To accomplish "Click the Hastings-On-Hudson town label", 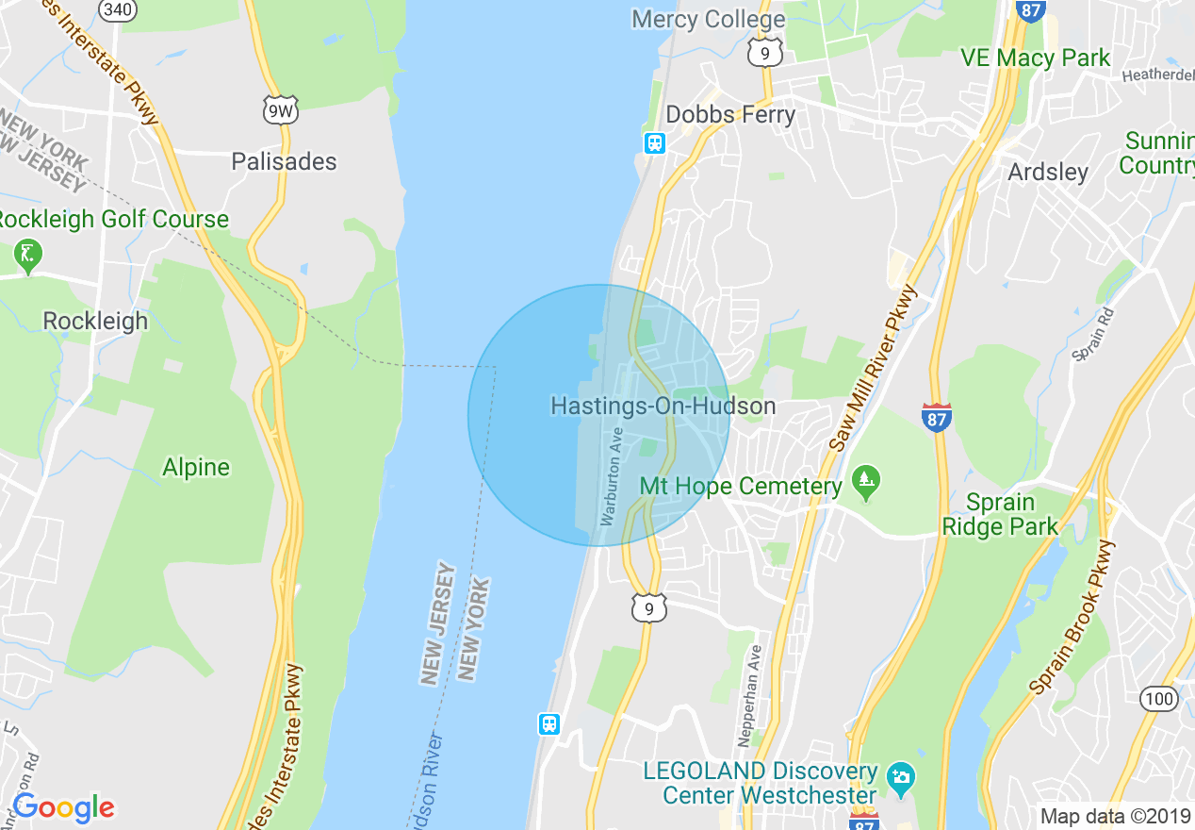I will tap(663, 406).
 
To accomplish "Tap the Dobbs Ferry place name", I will tap(730, 115).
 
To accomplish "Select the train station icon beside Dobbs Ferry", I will tap(655, 143).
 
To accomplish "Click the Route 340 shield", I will tap(118, 10).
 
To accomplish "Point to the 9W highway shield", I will tap(281, 110).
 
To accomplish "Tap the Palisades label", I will tap(284, 161).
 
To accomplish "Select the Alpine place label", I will tap(196, 467).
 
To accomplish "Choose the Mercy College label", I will tap(708, 19).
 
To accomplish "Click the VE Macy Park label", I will tap(1036, 58).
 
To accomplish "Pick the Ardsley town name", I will tap(1048, 172).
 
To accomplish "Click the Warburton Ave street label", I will tap(612, 476).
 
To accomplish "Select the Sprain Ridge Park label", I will tap(1000, 514).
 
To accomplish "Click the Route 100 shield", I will tap(1157, 699).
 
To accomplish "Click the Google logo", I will tap(63, 807).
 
